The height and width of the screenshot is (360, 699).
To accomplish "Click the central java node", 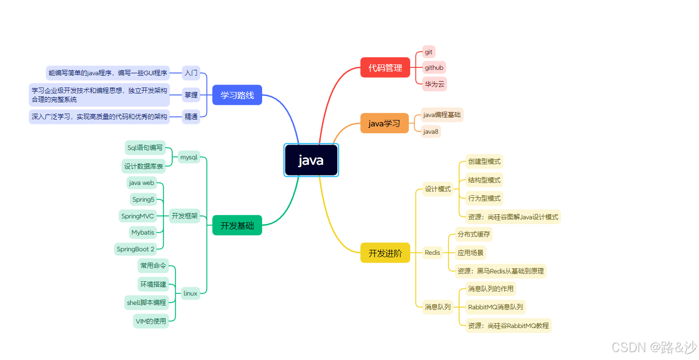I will [x=311, y=160].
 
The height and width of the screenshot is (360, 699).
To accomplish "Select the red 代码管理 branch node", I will [x=385, y=68].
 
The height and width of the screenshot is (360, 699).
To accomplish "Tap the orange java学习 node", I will [x=384, y=123].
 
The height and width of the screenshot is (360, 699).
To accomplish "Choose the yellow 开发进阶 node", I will [x=385, y=253].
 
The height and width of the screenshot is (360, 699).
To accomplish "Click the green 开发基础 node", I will [x=237, y=226].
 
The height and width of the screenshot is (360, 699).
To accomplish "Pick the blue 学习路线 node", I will [x=237, y=95].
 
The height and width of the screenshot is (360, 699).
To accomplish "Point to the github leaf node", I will [x=434, y=68].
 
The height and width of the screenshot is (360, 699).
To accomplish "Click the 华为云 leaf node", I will [x=434, y=84].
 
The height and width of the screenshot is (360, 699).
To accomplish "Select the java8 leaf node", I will [x=430, y=132].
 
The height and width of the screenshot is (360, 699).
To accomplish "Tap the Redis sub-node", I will [x=432, y=253].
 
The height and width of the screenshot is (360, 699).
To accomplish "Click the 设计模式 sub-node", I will [x=438, y=189].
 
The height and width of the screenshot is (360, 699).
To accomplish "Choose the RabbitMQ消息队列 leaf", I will [x=495, y=307].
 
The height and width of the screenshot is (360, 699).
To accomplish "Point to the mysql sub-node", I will [x=188, y=157].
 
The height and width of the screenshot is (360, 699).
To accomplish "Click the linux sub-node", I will [x=190, y=294].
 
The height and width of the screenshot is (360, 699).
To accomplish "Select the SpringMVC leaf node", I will [x=138, y=216].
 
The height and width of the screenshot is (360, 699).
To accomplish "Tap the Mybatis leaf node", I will [x=143, y=232].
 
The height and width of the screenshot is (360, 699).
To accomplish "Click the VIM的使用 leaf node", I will [x=151, y=321].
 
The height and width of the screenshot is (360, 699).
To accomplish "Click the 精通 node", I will [x=191, y=117].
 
